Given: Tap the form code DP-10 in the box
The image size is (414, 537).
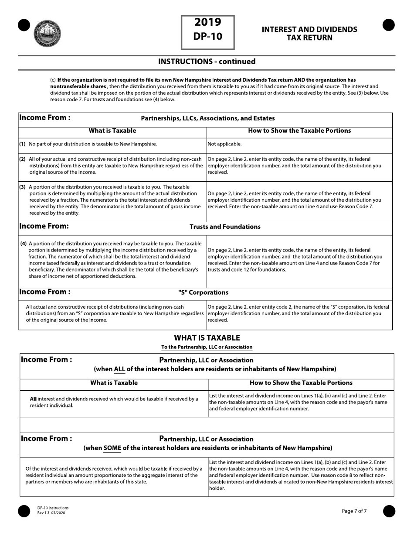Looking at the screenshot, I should (208, 37).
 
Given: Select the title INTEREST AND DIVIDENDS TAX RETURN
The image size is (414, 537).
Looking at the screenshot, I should (309, 34).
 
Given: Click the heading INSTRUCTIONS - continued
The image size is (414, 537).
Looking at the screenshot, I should (207, 62).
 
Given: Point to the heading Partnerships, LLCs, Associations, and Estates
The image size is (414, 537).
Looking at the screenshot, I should (208, 118).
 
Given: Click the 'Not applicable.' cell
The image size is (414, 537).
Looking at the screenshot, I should (224, 144).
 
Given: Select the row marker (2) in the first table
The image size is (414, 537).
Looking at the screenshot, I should (22, 159).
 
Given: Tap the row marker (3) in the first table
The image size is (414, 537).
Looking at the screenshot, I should (22, 187).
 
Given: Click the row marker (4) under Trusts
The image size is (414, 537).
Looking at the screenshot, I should (24, 243).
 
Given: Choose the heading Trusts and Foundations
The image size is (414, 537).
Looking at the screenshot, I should (225, 227).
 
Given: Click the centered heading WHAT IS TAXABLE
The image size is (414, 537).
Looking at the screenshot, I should (207, 338).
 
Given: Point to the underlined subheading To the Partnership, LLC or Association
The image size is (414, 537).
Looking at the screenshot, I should (207, 347).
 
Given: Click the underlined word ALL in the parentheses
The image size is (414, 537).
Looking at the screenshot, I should (119, 369).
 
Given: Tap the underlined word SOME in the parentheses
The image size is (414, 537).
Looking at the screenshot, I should (112, 448).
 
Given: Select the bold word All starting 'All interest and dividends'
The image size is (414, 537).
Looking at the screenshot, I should (33, 399).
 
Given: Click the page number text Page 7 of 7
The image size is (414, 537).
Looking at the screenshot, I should (354, 511).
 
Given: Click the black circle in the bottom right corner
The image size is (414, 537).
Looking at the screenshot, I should (389, 511).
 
